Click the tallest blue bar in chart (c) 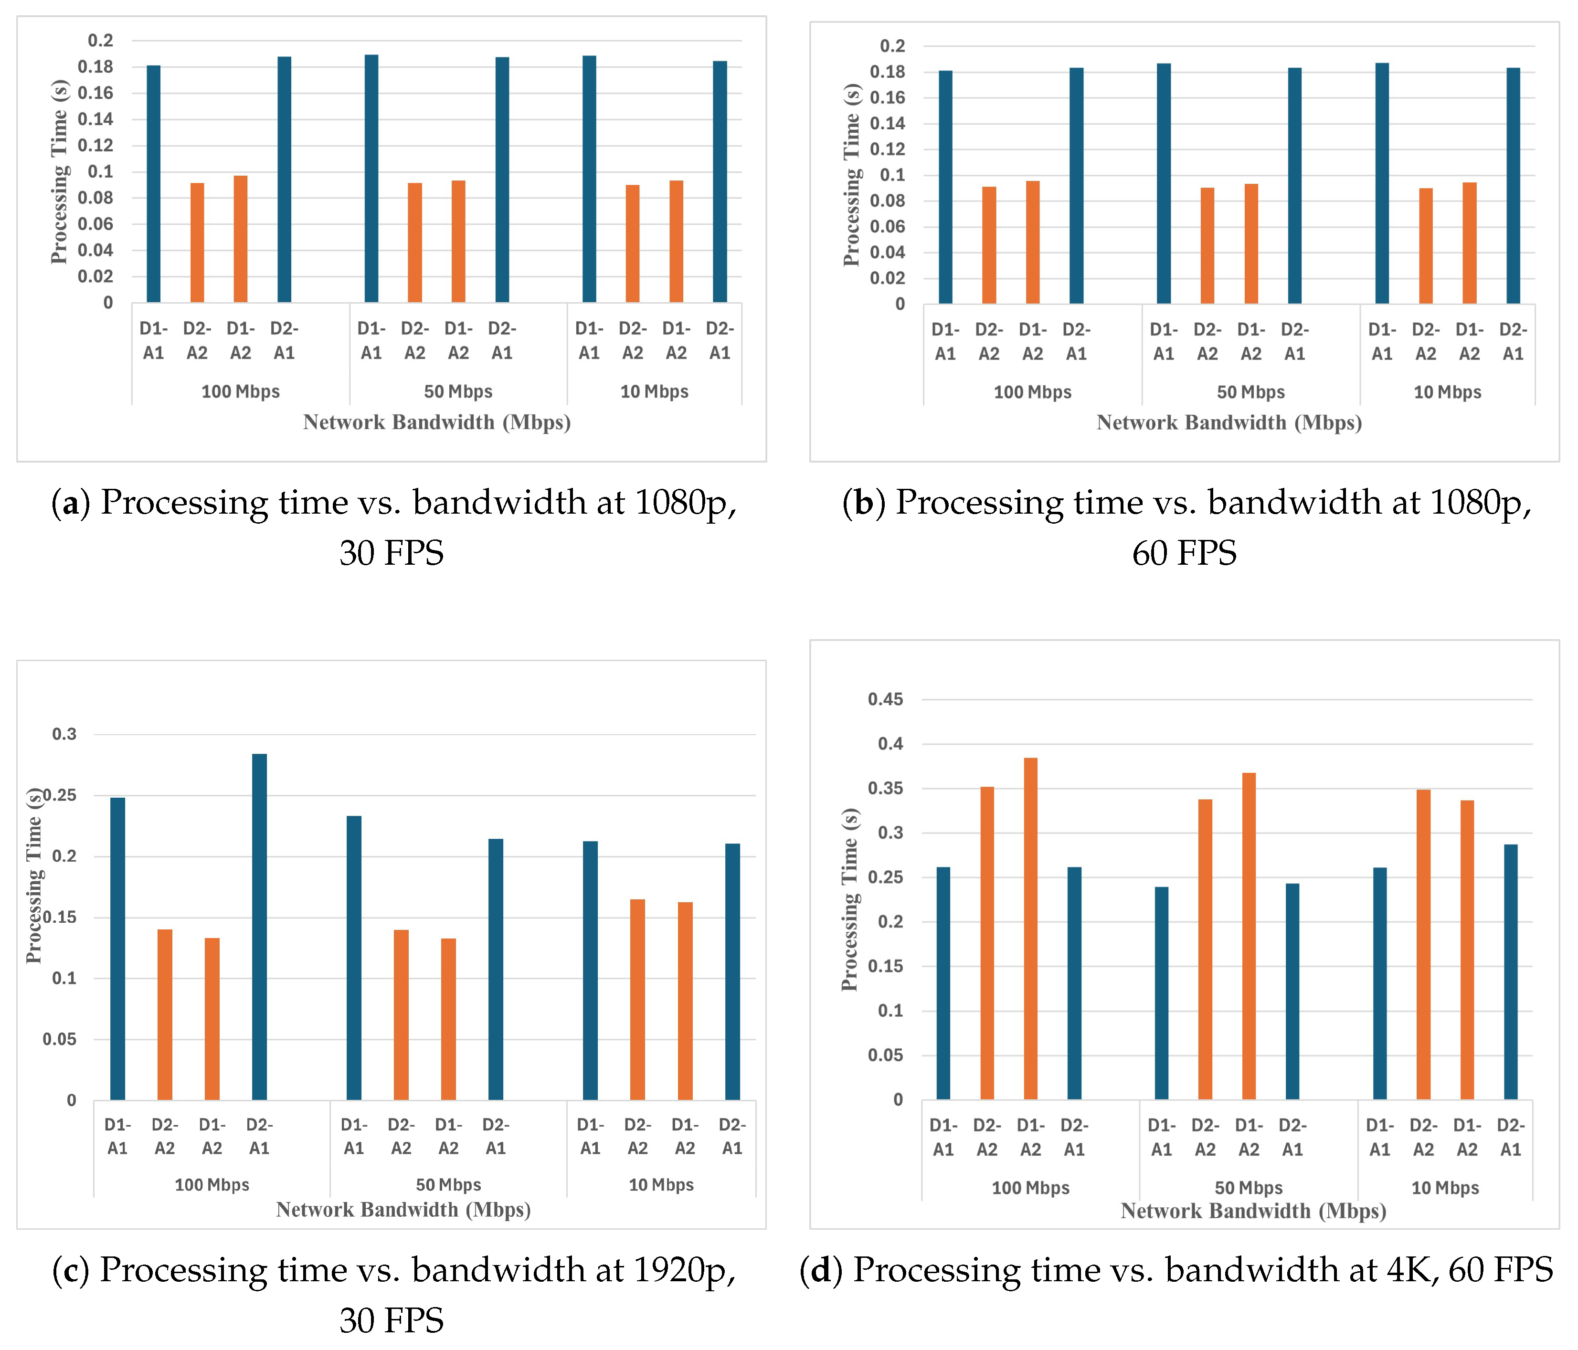click(x=259, y=927)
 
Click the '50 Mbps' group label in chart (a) click(x=458, y=391)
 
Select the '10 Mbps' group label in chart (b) click(x=1447, y=392)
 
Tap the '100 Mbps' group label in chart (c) click(x=212, y=1185)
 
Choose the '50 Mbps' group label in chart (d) click(x=1248, y=1188)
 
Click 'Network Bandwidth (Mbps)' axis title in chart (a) click(x=437, y=422)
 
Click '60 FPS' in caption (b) click(x=1184, y=553)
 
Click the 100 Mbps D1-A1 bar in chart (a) click(x=153, y=183)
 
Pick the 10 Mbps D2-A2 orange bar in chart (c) click(x=637, y=1000)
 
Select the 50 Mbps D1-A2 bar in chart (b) click(x=1251, y=243)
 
